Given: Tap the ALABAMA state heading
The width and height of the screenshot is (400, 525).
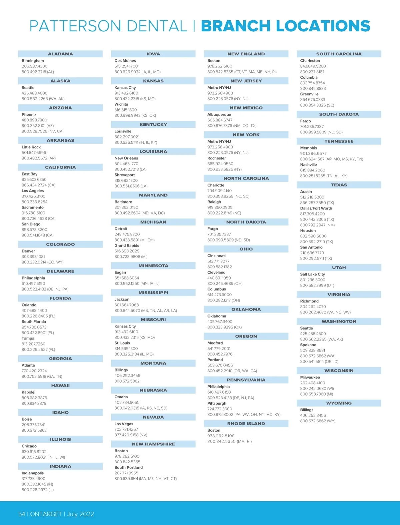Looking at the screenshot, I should pos(60,54).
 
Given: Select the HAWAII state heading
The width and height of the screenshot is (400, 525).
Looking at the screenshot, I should pos(60,386).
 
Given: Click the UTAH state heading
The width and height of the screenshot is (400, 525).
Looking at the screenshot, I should pos(339,268).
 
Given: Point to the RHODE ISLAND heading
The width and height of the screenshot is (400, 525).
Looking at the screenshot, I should pos(246,424).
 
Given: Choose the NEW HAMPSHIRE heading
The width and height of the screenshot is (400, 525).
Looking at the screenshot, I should pos(153,444).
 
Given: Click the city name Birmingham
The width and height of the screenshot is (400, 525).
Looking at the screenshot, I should pos(33,61).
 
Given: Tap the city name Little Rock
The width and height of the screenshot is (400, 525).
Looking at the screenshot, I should pos(31,147).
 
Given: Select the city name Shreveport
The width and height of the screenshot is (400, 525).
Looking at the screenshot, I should pos(124,175).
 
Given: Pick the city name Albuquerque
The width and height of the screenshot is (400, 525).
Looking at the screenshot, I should pos(219,114).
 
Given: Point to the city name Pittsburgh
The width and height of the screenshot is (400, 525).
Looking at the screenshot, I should pos(217,403).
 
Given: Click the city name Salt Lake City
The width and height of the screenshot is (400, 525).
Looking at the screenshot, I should pos(312,274).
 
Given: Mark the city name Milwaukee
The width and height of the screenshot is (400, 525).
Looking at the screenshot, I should pos(310,377).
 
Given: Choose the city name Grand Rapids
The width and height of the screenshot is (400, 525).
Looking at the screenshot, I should pos(127,245).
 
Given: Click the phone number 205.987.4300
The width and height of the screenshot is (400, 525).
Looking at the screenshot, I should pos(34,66).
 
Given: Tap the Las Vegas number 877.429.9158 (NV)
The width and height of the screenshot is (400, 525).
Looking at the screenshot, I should pos(131,435).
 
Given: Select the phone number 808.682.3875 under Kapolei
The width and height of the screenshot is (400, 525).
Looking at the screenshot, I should pos(34,398).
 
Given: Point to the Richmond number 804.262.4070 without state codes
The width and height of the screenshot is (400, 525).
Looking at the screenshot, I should pos(313,307).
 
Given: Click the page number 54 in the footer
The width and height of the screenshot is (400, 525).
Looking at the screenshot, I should pos(22,514).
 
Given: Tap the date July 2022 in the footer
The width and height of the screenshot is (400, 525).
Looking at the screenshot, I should pos(80,514).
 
